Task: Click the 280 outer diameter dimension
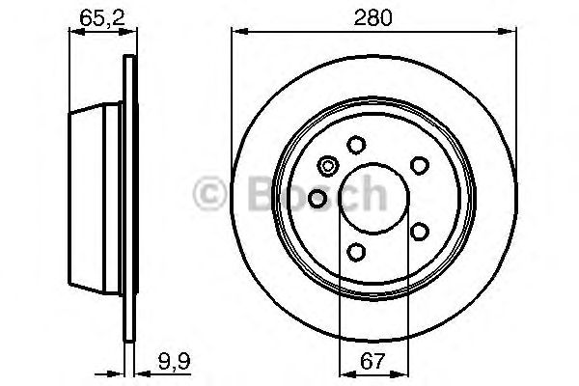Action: click(366, 16)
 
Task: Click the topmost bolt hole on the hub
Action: click(356, 144)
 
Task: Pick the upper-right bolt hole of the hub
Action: click(420, 164)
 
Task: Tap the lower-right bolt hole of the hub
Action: click(419, 231)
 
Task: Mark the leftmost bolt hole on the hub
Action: click(317, 199)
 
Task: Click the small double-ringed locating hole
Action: click(329, 165)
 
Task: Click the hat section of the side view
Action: click(96, 198)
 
